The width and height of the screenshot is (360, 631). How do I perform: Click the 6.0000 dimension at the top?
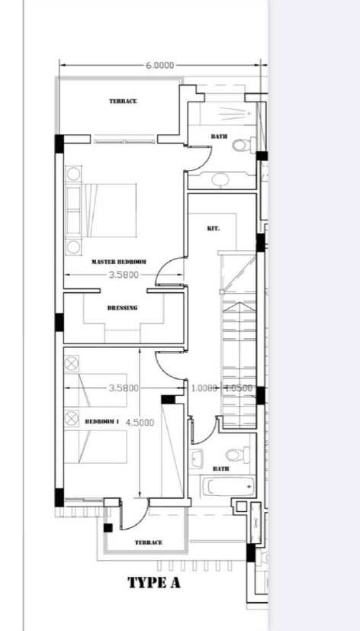click(x=159, y=65)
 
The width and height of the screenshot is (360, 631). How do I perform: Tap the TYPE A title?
click(x=154, y=582)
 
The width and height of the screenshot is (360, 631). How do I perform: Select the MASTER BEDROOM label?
click(x=119, y=262)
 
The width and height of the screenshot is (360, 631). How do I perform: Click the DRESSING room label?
click(x=122, y=307)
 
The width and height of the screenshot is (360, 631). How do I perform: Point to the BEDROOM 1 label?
click(x=102, y=422)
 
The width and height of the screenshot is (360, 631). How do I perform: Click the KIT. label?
click(x=214, y=229)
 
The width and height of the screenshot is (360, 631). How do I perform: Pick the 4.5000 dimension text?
click(x=140, y=423)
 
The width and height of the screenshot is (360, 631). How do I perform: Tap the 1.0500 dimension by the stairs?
click(x=239, y=388)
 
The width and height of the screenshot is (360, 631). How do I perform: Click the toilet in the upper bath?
click(x=244, y=145)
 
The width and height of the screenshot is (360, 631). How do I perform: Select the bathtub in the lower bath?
click(x=229, y=487)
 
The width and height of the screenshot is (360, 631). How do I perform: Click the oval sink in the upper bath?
click(x=220, y=179)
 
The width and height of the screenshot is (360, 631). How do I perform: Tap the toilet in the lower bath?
click(x=238, y=456)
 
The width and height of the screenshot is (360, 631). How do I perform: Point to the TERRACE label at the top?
click(x=123, y=101)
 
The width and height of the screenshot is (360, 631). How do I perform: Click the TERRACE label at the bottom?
click(x=149, y=542)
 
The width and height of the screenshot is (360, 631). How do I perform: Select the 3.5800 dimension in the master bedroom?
click(x=124, y=275)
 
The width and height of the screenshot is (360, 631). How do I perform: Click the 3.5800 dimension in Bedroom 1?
click(x=124, y=388)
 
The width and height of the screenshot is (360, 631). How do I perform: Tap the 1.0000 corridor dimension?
click(x=204, y=388)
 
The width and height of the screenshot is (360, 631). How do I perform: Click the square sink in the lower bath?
click(x=196, y=459)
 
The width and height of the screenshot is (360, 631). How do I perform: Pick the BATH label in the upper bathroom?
click(x=219, y=137)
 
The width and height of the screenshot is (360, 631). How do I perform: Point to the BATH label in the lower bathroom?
click(x=221, y=468)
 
